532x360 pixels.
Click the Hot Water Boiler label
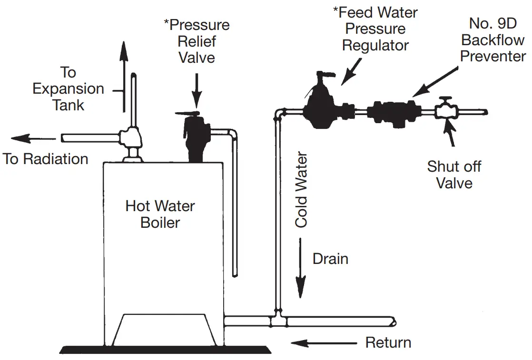160,214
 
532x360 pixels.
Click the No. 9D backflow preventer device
395,112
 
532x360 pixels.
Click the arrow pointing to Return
324,342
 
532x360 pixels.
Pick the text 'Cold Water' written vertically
302,190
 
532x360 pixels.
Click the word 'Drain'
330,259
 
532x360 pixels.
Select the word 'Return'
388,342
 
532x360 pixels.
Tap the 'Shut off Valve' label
454,175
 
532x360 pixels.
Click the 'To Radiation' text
46,159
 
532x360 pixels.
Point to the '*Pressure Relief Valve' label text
196,41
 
